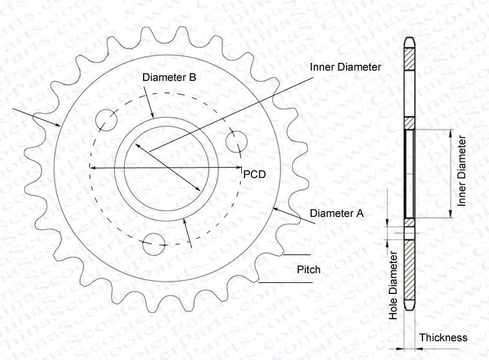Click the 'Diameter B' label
(x=169, y=77)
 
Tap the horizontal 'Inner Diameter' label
(x=345, y=67)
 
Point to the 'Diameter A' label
(x=337, y=213)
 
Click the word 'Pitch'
(x=309, y=269)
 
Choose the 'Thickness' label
(x=443, y=337)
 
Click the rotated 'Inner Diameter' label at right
(x=462, y=171)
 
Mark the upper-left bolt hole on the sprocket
(x=105, y=120)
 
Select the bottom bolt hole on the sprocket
(x=154, y=243)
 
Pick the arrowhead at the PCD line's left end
(x=92, y=168)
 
